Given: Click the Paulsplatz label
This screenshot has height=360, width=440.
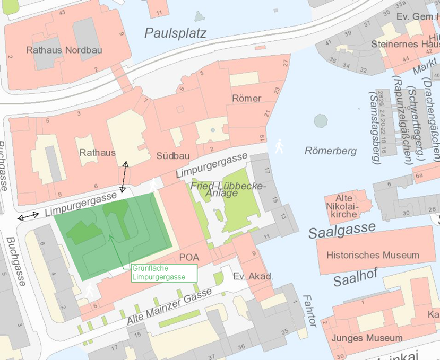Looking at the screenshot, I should (175, 33).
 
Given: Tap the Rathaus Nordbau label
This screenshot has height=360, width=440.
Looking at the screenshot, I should (64, 50).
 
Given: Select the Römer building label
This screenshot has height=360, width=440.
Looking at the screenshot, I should (246, 99).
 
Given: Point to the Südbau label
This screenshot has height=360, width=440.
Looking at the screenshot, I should (170, 156).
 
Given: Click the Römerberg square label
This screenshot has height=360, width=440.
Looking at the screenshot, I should (330, 151).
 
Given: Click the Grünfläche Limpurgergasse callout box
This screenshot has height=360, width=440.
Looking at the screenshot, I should (163, 273).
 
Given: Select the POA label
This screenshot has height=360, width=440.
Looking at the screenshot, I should (189, 257).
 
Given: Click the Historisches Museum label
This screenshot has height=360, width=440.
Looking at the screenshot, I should (373, 255).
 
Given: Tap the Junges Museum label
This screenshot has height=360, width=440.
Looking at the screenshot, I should (366, 338).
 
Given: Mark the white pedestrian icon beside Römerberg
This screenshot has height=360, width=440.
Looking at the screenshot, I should (279, 146).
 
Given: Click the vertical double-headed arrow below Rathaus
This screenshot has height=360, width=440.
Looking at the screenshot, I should (124, 177).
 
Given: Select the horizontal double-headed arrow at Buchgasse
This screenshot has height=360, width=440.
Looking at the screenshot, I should (28, 216).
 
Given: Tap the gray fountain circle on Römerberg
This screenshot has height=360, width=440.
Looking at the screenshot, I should (321, 121).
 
